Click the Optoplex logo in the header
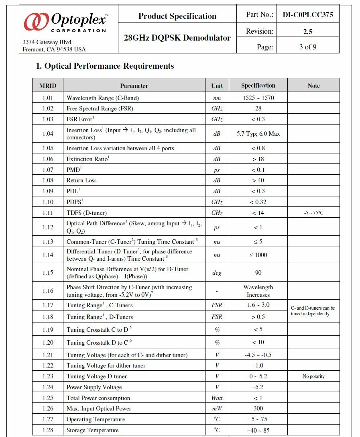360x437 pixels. (x=66, y=22)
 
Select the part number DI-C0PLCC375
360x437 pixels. (x=308, y=15)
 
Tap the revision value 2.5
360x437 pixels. (x=308, y=31)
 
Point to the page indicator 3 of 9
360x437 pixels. (x=308, y=47)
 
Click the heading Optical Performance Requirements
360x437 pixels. (x=105, y=66)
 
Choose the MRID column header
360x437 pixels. (x=48, y=86)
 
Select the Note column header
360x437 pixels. (x=313, y=86)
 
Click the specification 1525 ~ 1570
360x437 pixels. (x=258, y=98)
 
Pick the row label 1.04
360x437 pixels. (x=48, y=134)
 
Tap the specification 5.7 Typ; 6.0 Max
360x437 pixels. (x=258, y=134)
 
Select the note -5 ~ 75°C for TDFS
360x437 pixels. (x=313, y=213)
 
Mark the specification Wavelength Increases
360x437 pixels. (x=258, y=291)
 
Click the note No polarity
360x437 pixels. (x=313, y=376)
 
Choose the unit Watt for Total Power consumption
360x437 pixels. (x=217, y=398)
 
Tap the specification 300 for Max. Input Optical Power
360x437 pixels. (x=258, y=408)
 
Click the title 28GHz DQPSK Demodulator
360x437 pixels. (x=177, y=38)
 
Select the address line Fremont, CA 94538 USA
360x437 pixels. (x=54, y=49)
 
